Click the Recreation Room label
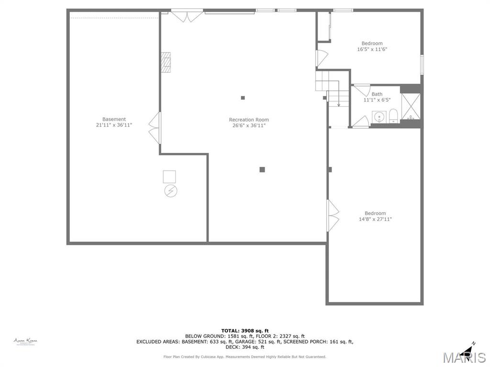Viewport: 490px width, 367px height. pos(248,119)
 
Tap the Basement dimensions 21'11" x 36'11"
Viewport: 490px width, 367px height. pos(114,125)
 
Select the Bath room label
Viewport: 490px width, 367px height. pos(377,94)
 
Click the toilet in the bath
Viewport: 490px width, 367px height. pos(393,116)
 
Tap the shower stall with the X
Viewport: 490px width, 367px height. pos(410,106)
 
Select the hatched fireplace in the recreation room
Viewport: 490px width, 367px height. pos(166,62)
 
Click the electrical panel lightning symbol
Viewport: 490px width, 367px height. pos(170,191)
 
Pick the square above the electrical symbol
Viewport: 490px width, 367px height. pos(169,176)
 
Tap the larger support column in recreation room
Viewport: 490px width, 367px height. pos(262,169)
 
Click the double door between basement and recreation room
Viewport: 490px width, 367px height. pos(155,128)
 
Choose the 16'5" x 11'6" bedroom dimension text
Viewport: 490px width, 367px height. pos(372,49)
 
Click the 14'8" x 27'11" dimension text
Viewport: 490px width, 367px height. pos(375,219)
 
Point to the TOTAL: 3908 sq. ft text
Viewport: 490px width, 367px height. pos(245,331)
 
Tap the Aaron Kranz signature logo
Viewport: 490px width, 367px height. pos(25,341)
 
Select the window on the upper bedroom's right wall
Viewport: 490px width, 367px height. pos(422,65)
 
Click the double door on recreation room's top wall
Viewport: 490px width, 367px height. pos(187,16)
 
